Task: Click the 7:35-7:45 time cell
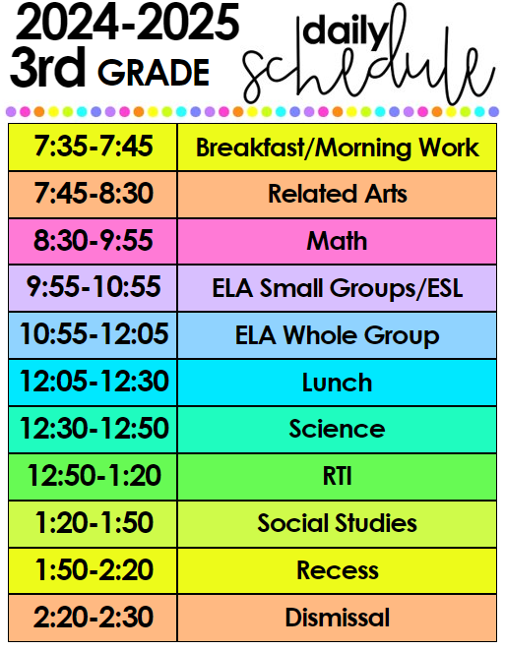point(93,147)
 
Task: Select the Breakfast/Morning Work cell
point(337,147)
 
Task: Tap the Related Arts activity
point(337,194)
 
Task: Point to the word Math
point(337,241)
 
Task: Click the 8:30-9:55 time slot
point(93,241)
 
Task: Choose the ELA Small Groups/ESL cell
point(337,288)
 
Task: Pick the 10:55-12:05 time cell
point(93,335)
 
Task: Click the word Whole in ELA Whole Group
point(320,335)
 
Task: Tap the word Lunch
point(337,383)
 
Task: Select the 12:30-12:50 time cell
point(93,429)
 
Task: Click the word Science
point(337,429)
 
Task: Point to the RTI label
point(337,476)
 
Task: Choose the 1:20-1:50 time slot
point(93,523)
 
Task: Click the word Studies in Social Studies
point(375,523)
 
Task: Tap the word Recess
point(337,570)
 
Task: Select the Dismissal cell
point(337,618)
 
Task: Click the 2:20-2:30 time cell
point(93,618)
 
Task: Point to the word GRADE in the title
point(154,73)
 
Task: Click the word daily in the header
point(346,31)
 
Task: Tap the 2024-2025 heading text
point(127,23)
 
